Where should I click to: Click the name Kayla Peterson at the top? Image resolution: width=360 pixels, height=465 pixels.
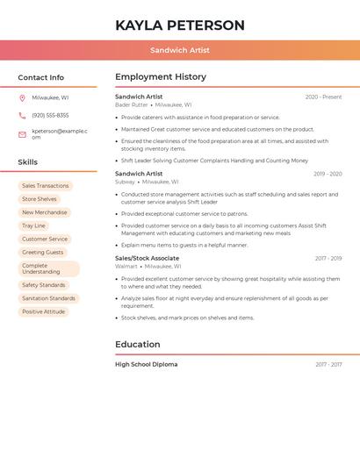(179, 25)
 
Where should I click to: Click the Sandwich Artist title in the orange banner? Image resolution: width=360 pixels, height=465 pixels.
(179, 51)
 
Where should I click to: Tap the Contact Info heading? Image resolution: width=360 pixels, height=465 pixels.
(40, 77)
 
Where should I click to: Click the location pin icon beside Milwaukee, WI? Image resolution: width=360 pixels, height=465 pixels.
(22, 98)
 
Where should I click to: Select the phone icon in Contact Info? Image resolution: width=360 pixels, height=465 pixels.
(22, 116)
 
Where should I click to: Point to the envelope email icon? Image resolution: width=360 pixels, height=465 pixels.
(22, 134)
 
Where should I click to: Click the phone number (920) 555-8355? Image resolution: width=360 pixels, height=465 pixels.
(50, 116)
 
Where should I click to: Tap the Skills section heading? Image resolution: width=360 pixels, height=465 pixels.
(27, 162)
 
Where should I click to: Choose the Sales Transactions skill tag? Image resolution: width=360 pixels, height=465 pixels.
(45, 186)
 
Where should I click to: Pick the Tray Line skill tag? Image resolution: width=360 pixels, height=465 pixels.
(33, 225)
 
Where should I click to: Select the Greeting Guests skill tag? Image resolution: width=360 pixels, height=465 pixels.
(42, 253)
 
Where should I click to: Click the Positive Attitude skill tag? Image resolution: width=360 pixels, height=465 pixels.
(43, 311)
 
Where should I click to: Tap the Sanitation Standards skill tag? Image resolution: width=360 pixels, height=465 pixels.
(48, 298)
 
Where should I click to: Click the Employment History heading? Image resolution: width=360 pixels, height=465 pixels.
(160, 77)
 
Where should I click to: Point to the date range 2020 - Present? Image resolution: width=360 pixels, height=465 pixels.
(323, 97)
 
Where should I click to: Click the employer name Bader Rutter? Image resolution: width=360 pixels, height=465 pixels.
(132, 105)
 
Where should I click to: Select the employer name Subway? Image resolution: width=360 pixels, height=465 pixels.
(126, 182)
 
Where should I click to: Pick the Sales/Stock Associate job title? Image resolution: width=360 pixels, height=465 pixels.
(147, 259)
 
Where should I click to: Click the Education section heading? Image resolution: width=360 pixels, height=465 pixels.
(137, 345)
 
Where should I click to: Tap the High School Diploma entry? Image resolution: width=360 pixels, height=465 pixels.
(146, 364)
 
